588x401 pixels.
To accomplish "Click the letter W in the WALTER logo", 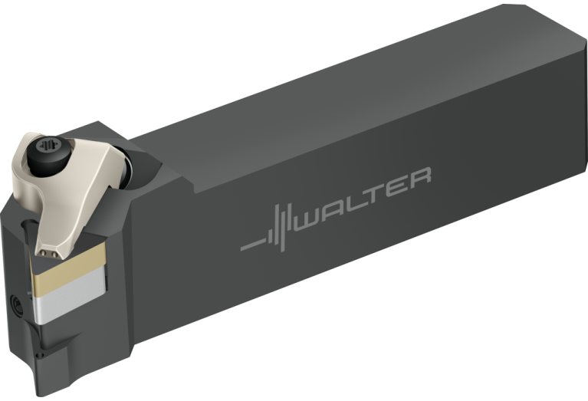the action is point(307,221).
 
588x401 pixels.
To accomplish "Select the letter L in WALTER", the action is point(354,203).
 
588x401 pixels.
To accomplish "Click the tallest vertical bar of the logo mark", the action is point(283,228).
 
